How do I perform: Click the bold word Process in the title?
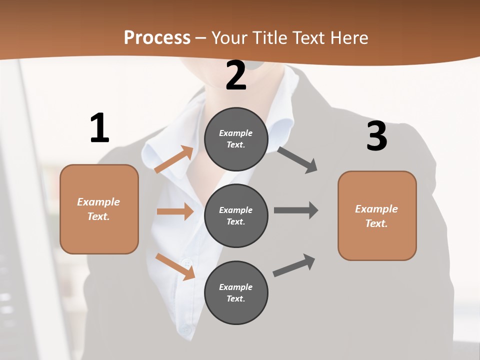pyautogui.click(x=157, y=37)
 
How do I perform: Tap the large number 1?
pyautogui.click(x=99, y=128)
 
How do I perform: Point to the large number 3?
pyautogui.click(x=377, y=136)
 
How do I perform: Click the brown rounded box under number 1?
pyautogui.click(x=99, y=209)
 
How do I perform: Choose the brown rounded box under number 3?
pyautogui.click(x=377, y=216)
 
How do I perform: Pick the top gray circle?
pyautogui.click(x=236, y=139)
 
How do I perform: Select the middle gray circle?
pyautogui.click(x=236, y=216)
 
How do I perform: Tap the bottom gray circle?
pyautogui.click(x=236, y=293)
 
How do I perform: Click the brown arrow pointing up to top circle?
pyautogui.click(x=173, y=159)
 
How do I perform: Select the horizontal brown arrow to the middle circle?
pyautogui.click(x=175, y=211)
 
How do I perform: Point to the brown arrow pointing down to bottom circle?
pyautogui.click(x=175, y=266)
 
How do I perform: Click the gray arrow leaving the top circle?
pyautogui.click(x=297, y=160)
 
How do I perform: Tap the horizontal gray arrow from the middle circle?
pyautogui.click(x=295, y=210)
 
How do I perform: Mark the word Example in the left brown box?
pyautogui.click(x=98, y=202)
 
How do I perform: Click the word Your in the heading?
pyautogui.click(x=229, y=37)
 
